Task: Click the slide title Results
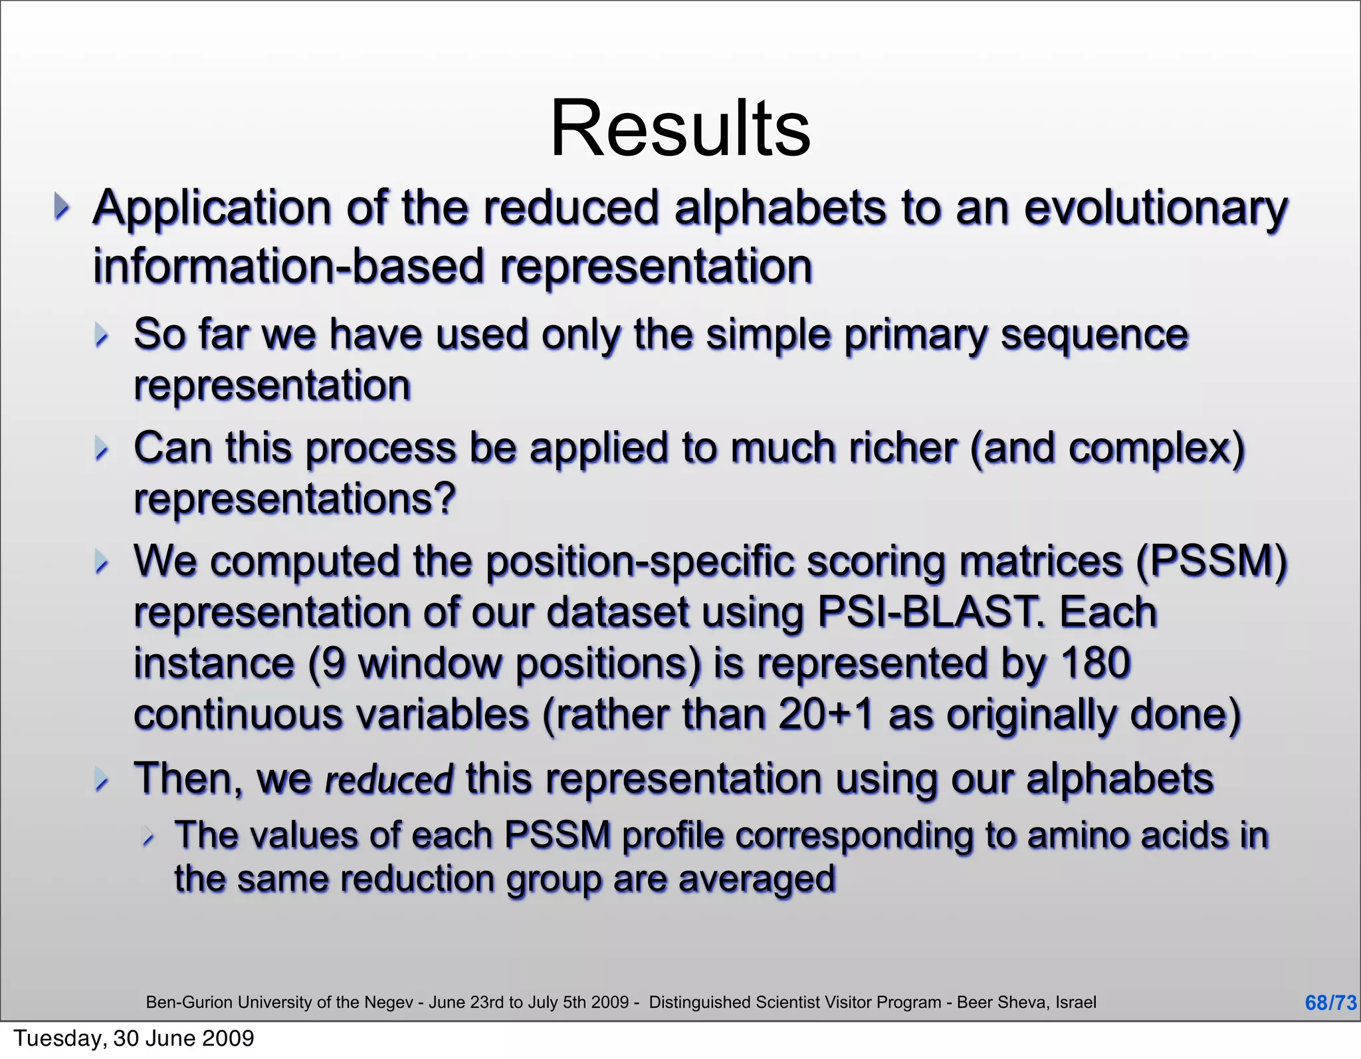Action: (680, 128)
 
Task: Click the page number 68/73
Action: (1330, 1002)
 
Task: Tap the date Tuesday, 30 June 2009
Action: (134, 1038)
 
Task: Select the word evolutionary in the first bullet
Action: (1155, 209)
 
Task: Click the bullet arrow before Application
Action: (61, 207)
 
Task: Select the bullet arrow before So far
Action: (101, 335)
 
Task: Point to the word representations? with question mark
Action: (294, 499)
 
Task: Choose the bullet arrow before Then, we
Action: (101, 779)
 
